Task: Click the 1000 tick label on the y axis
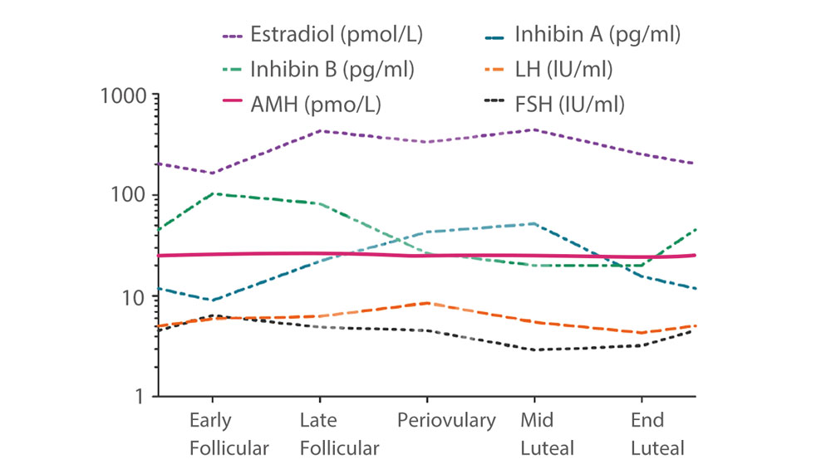click(x=123, y=95)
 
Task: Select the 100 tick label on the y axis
click(x=131, y=196)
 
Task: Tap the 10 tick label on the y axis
click(x=137, y=296)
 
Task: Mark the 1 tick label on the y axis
click(x=143, y=397)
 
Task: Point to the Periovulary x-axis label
click(x=445, y=420)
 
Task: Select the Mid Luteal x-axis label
click(x=547, y=434)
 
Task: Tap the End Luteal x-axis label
click(x=656, y=434)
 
